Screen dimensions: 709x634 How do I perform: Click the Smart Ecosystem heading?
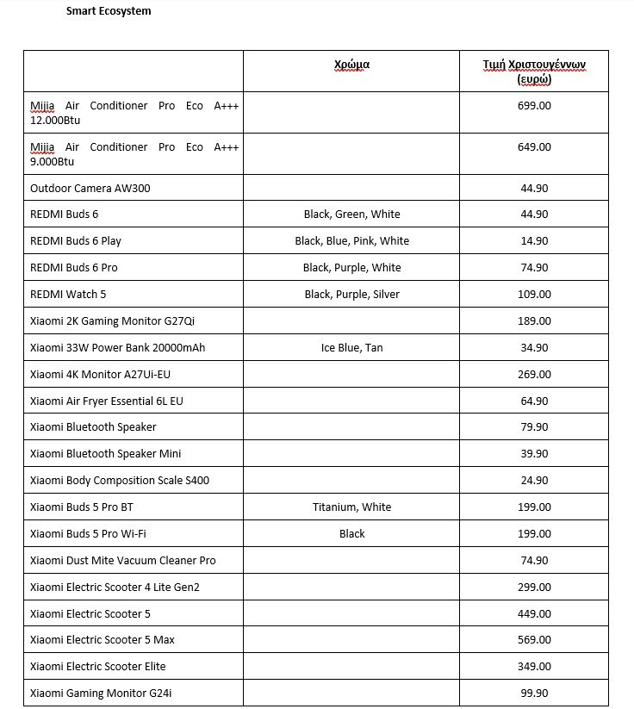tap(109, 11)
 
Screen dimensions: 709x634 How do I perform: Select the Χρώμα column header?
tap(351, 65)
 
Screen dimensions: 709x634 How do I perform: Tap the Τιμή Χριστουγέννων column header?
tap(534, 72)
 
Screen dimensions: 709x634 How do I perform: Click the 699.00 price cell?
tap(534, 106)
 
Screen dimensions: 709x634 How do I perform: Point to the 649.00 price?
tap(534, 147)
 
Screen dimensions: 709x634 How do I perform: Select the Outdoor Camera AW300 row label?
tap(90, 188)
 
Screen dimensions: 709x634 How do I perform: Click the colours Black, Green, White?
tap(351, 215)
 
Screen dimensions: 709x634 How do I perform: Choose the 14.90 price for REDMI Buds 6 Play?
tap(534, 241)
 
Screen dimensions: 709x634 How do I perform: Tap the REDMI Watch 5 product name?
tap(68, 295)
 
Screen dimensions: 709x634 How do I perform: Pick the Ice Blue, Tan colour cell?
tap(351, 348)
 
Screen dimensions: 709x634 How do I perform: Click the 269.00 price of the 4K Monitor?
tap(534, 375)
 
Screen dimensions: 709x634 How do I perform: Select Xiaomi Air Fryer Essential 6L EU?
tap(106, 401)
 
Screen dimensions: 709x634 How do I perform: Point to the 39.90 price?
tap(534, 454)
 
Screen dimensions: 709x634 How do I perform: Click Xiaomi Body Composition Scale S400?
tap(119, 481)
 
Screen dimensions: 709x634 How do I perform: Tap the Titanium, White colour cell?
tap(351, 507)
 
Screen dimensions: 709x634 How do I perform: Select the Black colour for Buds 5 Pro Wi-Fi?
tap(351, 534)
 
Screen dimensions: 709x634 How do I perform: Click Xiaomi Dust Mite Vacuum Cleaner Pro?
tap(122, 561)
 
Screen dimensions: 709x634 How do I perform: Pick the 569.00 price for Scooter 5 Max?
tap(534, 640)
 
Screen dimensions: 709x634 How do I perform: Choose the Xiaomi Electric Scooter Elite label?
tap(97, 667)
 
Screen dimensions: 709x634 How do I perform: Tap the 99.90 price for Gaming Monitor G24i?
tap(534, 693)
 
